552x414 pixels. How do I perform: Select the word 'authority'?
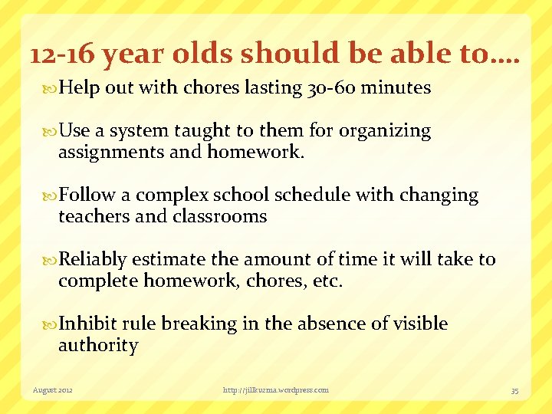coord(98,346)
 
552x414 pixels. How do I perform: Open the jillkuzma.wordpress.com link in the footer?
coord(275,390)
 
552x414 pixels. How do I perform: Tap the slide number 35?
coord(514,390)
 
